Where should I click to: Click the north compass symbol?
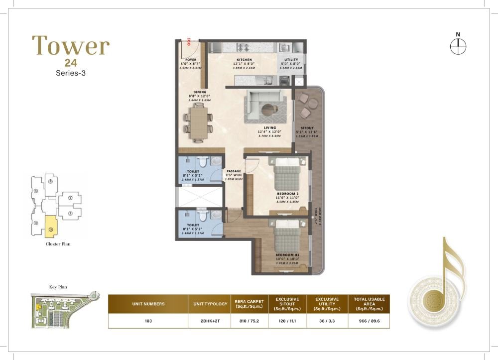tap(457, 46)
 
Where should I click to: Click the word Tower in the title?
tap(71, 45)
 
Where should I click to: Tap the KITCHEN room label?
tap(244, 60)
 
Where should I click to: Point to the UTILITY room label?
tap(291, 60)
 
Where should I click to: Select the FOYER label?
tap(190, 60)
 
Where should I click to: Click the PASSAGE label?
tap(234, 171)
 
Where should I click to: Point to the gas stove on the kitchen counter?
tap(244, 48)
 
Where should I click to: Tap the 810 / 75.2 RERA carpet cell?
tap(249, 321)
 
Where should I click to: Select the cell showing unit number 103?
tap(148, 321)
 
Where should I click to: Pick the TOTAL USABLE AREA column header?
tap(369, 303)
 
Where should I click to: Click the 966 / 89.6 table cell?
tap(369, 321)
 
